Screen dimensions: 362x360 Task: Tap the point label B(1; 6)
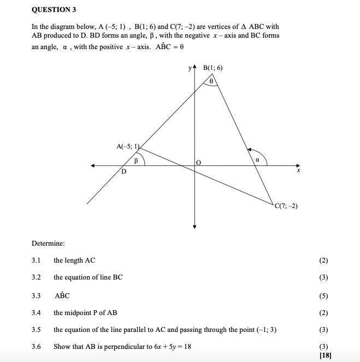point(213,68)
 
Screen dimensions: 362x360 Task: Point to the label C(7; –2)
point(287,206)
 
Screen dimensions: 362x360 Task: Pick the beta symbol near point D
point(137,161)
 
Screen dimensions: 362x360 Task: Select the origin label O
point(199,163)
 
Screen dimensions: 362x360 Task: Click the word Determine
point(49,243)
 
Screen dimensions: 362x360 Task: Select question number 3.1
point(37,260)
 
